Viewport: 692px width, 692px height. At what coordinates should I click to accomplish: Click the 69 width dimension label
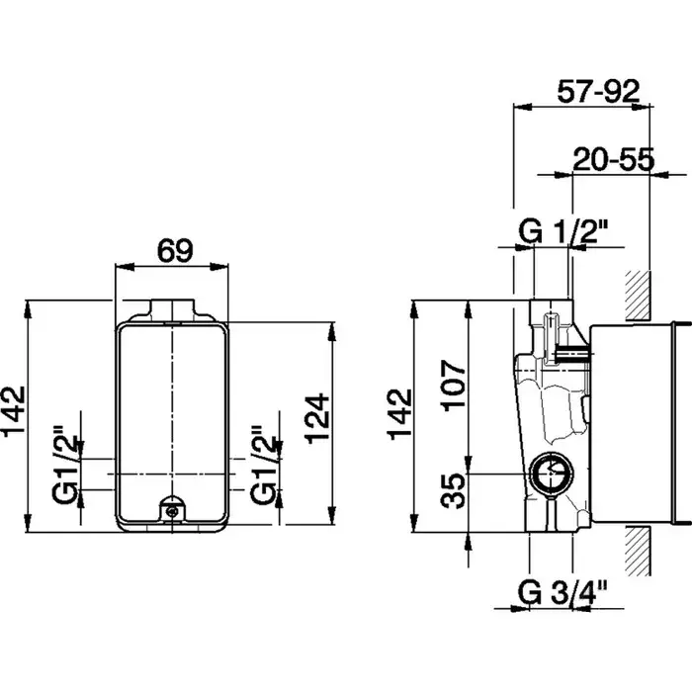pyautogui.click(x=176, y=250)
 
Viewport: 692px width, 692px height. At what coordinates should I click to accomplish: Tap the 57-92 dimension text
pyautogui.click(x=599, y=94)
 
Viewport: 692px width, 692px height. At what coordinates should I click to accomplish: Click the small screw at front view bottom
pyautogui.click(x=172, y=510)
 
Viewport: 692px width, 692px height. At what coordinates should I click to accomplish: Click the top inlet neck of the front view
pyautogui.click(x=172, y=307)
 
